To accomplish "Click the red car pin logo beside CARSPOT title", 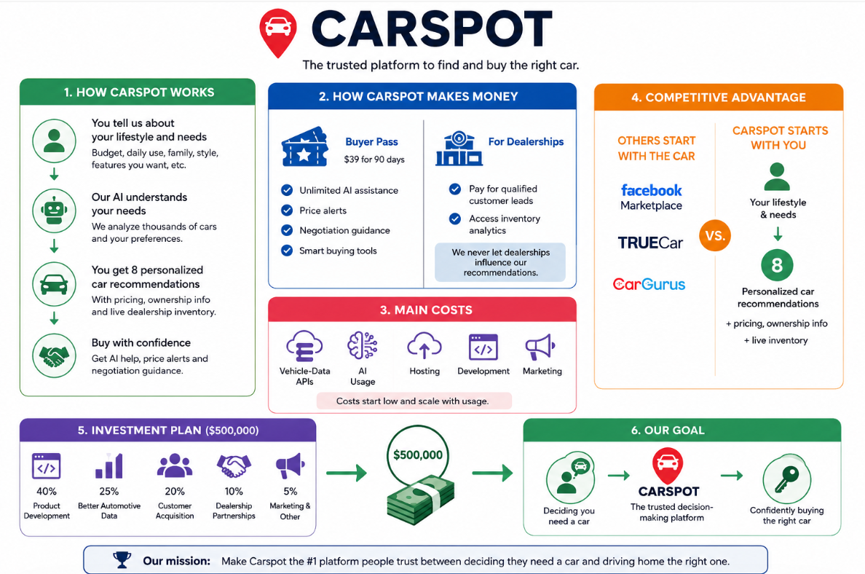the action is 278,33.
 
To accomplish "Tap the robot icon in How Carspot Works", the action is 54,211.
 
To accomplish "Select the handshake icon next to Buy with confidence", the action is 54,355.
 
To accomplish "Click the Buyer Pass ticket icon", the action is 305,147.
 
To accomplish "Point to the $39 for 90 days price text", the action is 374,160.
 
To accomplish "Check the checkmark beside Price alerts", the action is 287,211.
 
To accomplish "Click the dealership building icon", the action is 459,149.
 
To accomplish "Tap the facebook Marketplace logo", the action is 651,197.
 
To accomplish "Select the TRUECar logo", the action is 650,243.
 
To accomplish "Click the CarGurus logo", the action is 649,284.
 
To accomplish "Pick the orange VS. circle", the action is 715,236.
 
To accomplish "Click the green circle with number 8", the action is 778,265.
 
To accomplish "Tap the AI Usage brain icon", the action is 363,345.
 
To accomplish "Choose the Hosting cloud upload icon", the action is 424,346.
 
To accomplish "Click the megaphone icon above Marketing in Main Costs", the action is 540,347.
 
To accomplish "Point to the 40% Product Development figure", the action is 47,491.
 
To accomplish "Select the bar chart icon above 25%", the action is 109,465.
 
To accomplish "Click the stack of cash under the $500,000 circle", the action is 420,500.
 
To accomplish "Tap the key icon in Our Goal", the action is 786,479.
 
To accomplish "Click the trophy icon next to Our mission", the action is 122,559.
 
